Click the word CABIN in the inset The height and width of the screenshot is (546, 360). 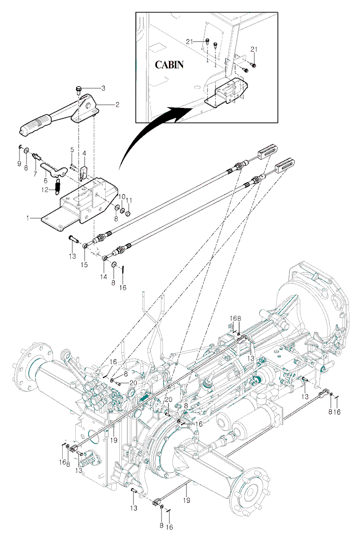(169, 65)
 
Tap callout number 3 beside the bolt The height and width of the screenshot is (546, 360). (103, 88)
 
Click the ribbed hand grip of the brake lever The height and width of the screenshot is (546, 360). (35, 124)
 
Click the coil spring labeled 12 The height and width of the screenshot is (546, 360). (58, 187)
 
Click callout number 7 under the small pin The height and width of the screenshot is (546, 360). (35, 174)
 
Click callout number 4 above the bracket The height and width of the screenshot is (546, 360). (84, 153)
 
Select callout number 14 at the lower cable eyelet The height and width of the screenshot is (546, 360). (104, 276)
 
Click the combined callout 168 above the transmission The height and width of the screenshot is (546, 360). (236, 318)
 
